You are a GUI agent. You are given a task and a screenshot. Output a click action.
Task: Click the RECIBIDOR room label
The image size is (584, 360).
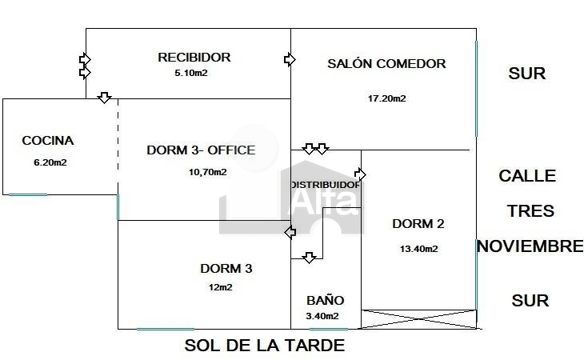pos(194,58)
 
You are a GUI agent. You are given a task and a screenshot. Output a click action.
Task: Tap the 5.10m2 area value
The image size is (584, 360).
pos(191,73)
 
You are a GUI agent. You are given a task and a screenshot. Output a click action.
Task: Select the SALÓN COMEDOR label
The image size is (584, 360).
pos(386,63)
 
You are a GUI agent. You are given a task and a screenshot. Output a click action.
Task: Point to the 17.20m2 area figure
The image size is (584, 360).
pos(386,98)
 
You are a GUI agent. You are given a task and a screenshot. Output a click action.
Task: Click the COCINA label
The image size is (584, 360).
pos(48,140)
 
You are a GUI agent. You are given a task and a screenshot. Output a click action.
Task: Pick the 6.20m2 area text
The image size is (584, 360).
pos(50,162)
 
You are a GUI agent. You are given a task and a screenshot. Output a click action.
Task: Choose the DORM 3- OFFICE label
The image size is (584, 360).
pos(201,150)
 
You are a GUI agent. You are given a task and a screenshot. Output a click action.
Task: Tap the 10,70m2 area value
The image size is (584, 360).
pos(207,172)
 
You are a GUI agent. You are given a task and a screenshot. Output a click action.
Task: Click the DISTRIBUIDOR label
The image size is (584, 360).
pos(326,185)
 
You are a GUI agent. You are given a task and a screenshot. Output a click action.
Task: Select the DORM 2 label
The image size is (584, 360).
pos(418,224)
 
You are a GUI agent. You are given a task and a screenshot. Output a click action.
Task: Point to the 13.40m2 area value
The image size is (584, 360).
pos(418,249)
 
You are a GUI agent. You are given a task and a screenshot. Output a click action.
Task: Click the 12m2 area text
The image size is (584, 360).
pos(221,287)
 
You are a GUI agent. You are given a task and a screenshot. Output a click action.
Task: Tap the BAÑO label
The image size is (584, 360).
pos(325,300)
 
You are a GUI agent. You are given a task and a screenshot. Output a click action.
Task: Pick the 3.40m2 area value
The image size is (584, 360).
pos(322,316)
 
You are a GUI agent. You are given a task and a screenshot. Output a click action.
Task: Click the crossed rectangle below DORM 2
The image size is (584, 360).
pos(419,319)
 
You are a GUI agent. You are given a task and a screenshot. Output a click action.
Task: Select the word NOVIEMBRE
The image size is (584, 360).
pos(530,246)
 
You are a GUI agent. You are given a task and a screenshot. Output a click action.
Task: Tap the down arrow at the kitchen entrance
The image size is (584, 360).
pos(104,98)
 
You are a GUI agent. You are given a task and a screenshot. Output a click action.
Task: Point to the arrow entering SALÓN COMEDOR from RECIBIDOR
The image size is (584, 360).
pos(290,59)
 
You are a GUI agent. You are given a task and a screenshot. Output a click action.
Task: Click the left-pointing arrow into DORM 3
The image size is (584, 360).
pos(290,232)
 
